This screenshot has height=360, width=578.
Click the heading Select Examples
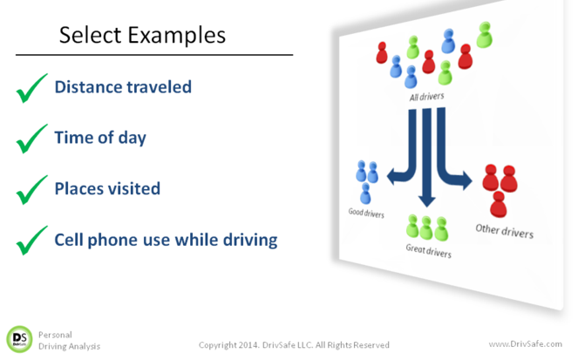point(142,36)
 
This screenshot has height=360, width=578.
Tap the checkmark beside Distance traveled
point(31,88)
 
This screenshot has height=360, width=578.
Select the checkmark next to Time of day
point(31,139)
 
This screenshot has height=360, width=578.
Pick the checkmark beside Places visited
point(31,190)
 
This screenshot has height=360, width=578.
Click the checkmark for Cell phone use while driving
point(31,241)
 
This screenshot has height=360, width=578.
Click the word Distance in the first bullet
point(89,87)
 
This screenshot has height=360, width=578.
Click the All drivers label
point(426,97)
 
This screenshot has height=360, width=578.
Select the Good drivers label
point(366,213)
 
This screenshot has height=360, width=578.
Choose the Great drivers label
point(428,251)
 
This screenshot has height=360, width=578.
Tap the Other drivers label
point(504,231)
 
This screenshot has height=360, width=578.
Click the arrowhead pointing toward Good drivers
point(391,176)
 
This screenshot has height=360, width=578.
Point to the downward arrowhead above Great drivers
point(427,201)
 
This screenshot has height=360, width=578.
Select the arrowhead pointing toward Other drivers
point(467,180)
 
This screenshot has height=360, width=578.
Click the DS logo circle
point(19,339)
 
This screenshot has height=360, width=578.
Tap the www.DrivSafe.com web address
point(526,344)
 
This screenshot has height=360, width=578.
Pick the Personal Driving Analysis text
point(69,341)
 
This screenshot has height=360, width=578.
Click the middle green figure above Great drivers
point(426,228)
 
